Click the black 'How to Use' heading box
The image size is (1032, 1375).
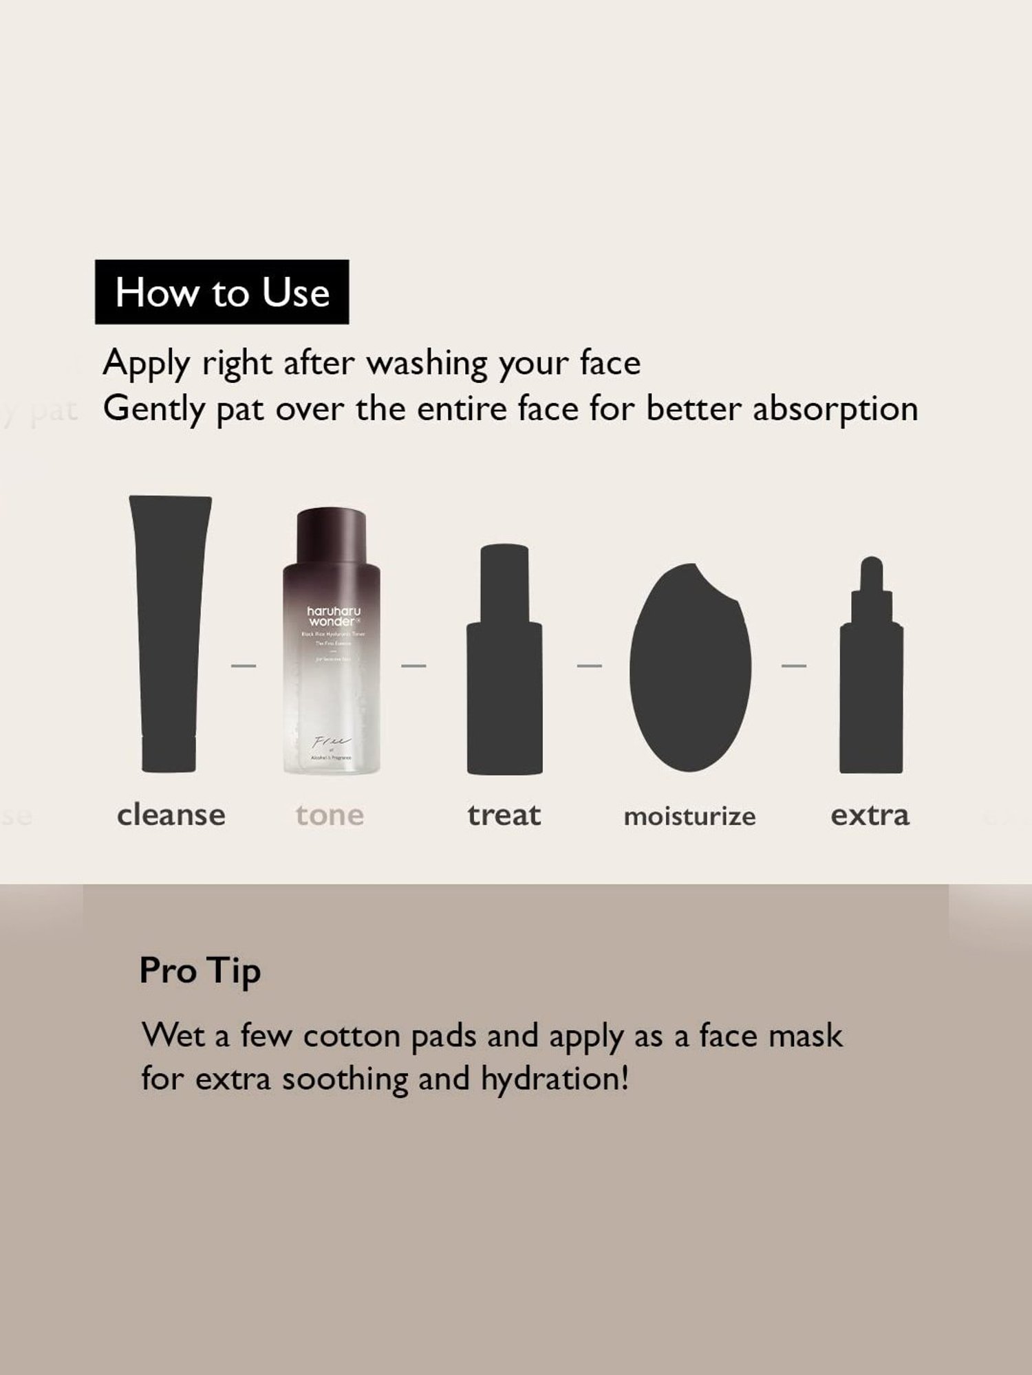tap(222, 292)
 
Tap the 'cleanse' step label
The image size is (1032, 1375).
tap(171, 815)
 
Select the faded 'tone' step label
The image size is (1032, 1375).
tap(330, 815)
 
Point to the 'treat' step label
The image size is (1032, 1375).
tap(504, 815)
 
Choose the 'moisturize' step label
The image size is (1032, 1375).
tap(689, 817)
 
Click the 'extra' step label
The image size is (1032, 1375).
tap(870, 815)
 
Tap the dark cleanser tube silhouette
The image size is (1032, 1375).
tap(169, 632)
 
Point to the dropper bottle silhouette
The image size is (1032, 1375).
tap(871, 681)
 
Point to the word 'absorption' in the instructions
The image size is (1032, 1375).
tap(835, 409)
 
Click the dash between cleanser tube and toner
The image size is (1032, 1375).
tap(243, 665)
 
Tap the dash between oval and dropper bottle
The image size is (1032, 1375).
tap(793, 665)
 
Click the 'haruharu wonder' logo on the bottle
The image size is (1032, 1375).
tap(334, 615)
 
